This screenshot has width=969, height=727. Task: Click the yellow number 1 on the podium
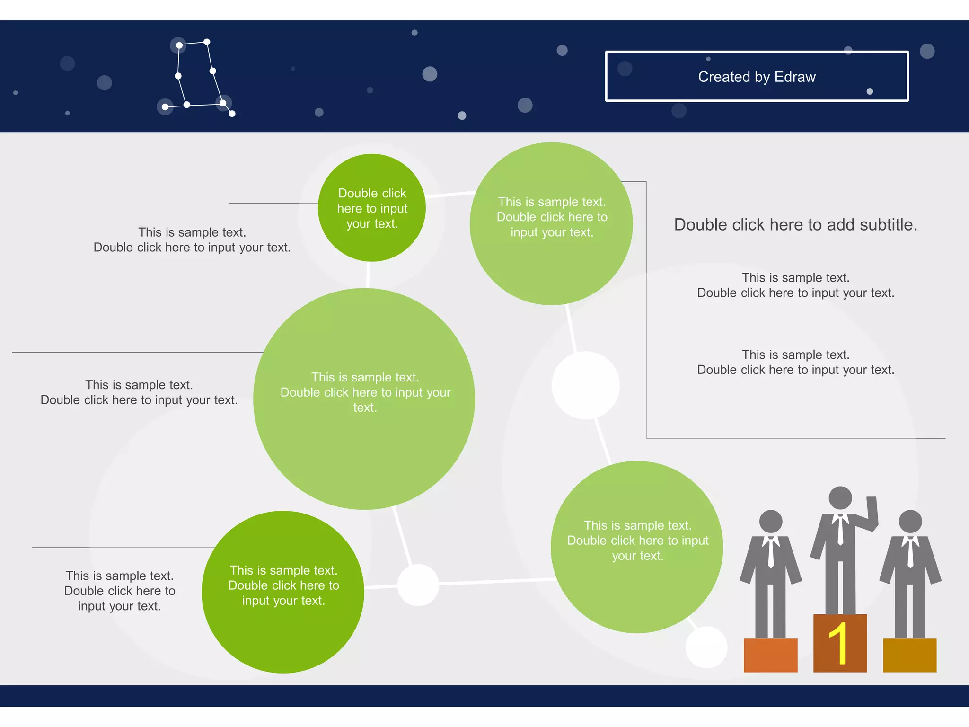tap(839, 643)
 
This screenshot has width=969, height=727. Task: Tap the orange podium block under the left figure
tap(770, 655)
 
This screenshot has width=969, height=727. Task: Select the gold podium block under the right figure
tap(909, 655)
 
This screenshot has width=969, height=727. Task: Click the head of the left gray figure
tap(771, 522)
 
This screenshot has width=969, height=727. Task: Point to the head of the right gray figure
tap(910, 522)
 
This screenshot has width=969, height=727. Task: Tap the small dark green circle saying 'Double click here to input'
tap(372, 208)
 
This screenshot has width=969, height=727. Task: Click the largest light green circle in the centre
tap(364, 399)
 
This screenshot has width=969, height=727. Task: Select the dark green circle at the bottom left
tap(283, 592)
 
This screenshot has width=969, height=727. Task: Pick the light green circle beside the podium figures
tap(637, 547)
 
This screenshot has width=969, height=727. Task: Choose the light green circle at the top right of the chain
tap(551, 223)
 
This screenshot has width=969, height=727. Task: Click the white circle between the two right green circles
tap(585, 385)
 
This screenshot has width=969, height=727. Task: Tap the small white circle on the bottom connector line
tap(418, 585)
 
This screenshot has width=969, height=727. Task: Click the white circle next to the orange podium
tap(706, 647)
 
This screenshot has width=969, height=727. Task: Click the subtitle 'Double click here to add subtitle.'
tap(795, 225)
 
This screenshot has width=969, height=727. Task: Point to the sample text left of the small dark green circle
tap(192, 240)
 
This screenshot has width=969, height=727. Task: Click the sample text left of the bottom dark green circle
tap(120, 591)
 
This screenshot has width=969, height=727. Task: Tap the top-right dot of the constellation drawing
tap(207, 42)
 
